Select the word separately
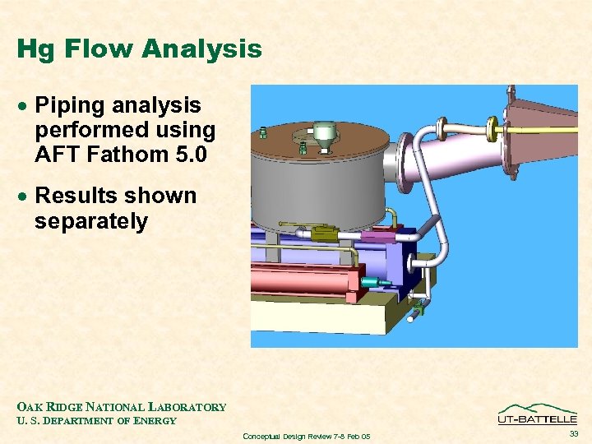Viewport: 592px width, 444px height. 90,221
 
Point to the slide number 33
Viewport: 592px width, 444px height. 572,433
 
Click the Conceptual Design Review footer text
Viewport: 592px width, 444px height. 307,436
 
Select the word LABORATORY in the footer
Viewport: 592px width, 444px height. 187,407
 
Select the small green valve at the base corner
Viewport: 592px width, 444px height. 418,308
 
